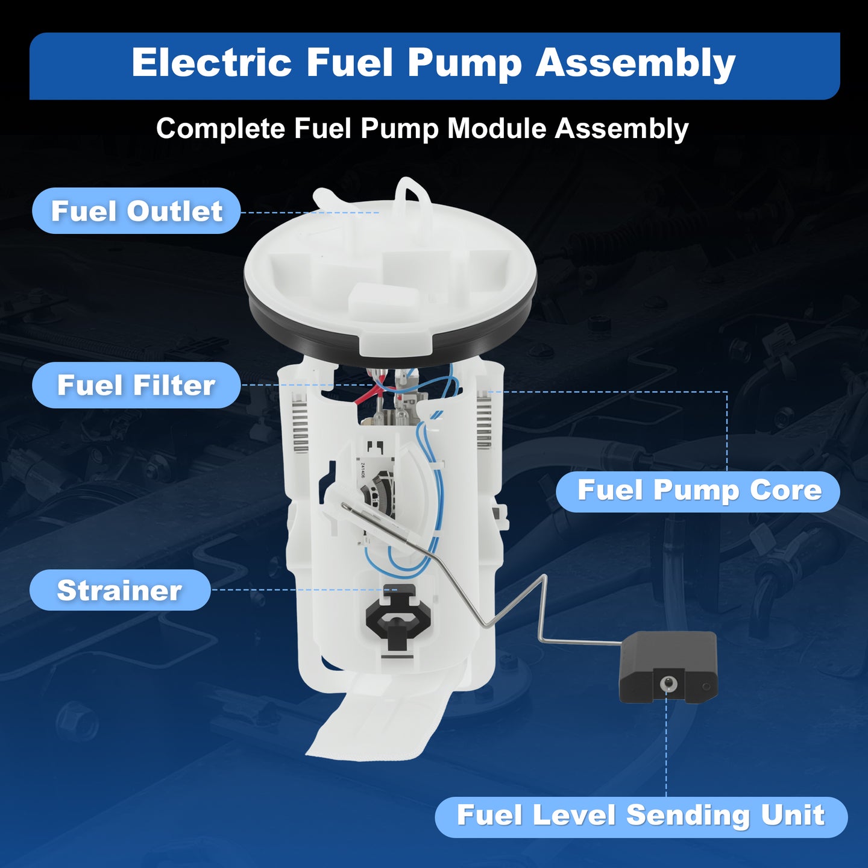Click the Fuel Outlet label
136,211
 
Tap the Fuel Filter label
136,385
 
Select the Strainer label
120,590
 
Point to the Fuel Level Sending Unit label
641,816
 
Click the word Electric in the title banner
212,63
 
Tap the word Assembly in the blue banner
635,64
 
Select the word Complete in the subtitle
221,129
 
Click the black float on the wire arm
668,667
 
